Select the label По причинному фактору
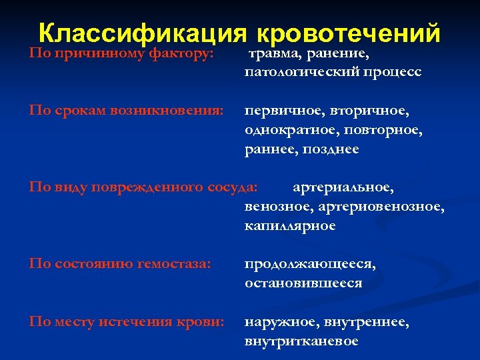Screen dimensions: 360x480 [121, 53]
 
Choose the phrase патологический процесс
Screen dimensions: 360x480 [333, 71]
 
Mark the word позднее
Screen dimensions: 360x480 [333, 149]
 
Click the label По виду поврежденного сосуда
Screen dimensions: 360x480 [143, 187]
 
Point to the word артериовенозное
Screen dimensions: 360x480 [381, 207]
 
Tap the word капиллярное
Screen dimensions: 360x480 [290, 226]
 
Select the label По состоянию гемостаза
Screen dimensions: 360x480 [120, 264]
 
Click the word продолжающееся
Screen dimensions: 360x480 [310, 264]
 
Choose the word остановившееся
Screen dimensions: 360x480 [303, 283]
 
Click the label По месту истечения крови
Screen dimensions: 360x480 [126, 322]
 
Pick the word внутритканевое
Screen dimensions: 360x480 [301, 341]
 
